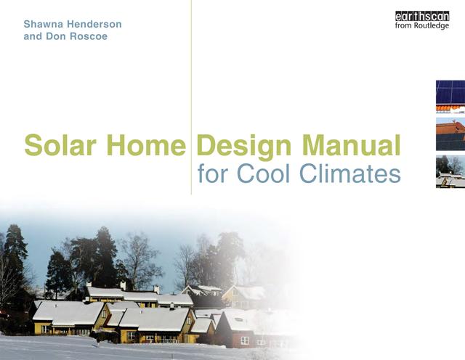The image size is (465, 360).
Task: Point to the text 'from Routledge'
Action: (x=421, y=26)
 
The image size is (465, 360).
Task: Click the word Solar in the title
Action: (x=62, y=144)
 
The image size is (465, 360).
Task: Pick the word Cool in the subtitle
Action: (x=267, y=174)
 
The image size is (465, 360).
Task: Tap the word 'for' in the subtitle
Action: (x=211, y=174)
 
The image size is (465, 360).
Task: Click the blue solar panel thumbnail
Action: (x=450, y=92)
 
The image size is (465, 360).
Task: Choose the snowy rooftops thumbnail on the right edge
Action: (x=450, y=172)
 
